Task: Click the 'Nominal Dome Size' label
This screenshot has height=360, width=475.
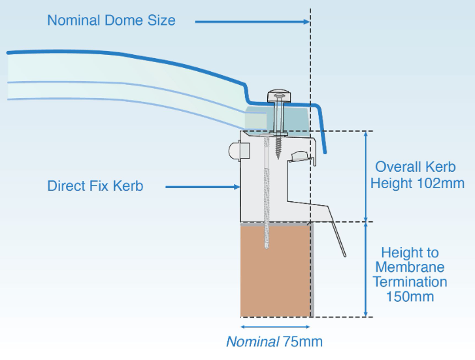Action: pos(111,20)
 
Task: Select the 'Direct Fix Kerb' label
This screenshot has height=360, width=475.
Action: pos(95,186)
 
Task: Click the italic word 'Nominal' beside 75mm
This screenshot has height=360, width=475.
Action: pos(252,342)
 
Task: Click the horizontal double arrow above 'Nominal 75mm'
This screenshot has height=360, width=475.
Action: pos(275,326)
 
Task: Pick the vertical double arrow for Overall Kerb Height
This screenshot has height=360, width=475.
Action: pos(365,176)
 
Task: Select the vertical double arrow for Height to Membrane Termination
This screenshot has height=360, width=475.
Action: pos(365,270)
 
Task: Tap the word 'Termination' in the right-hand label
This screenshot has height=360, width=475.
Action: pos(410,282)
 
